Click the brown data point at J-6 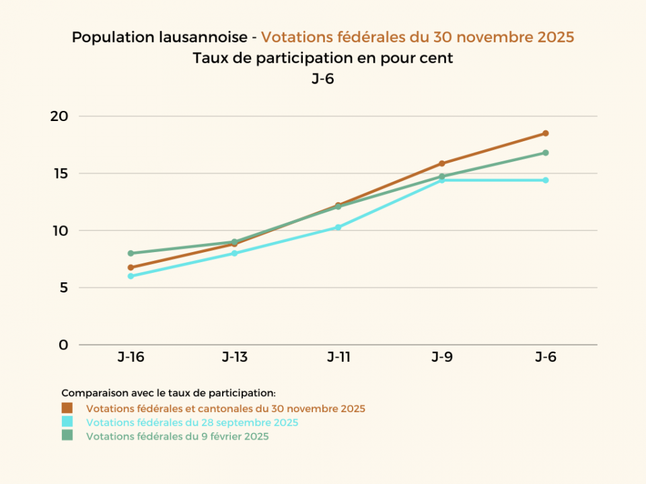click(546, 133)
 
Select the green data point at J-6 click(546, 153)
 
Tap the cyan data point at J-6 click(546, 180)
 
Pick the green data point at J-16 click(131, 253)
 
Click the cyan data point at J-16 click(131, 276)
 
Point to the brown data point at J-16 click(131, 268)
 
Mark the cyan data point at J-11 click(338, 227)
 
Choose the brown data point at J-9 click(442, 163)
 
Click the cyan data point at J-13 click(234, 253)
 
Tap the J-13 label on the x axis click(234, 358)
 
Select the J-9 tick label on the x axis click(442, 358)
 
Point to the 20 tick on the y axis click(60, 116)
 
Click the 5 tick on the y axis click(64, 288)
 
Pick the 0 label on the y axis click(64, 345)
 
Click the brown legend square click(67, 408)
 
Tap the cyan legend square click(67, 422)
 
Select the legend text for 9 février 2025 click(178, 436)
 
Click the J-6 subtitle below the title click(323, 79)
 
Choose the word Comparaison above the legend click(90, 393)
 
